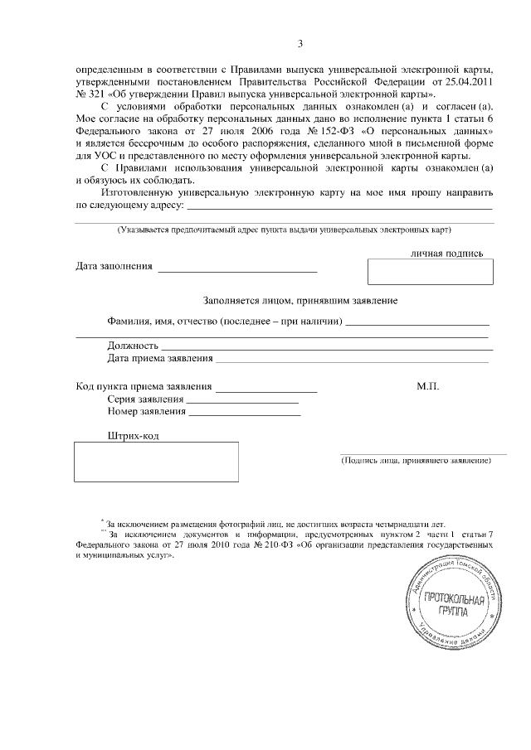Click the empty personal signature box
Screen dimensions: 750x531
[430, 272]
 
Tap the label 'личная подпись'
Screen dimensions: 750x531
[446, 253]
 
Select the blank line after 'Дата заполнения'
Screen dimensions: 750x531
[237, 269]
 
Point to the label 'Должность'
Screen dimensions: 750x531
[133, 345]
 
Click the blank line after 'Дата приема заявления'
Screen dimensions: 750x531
[353, 360]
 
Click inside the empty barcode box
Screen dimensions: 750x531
[157, 462]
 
